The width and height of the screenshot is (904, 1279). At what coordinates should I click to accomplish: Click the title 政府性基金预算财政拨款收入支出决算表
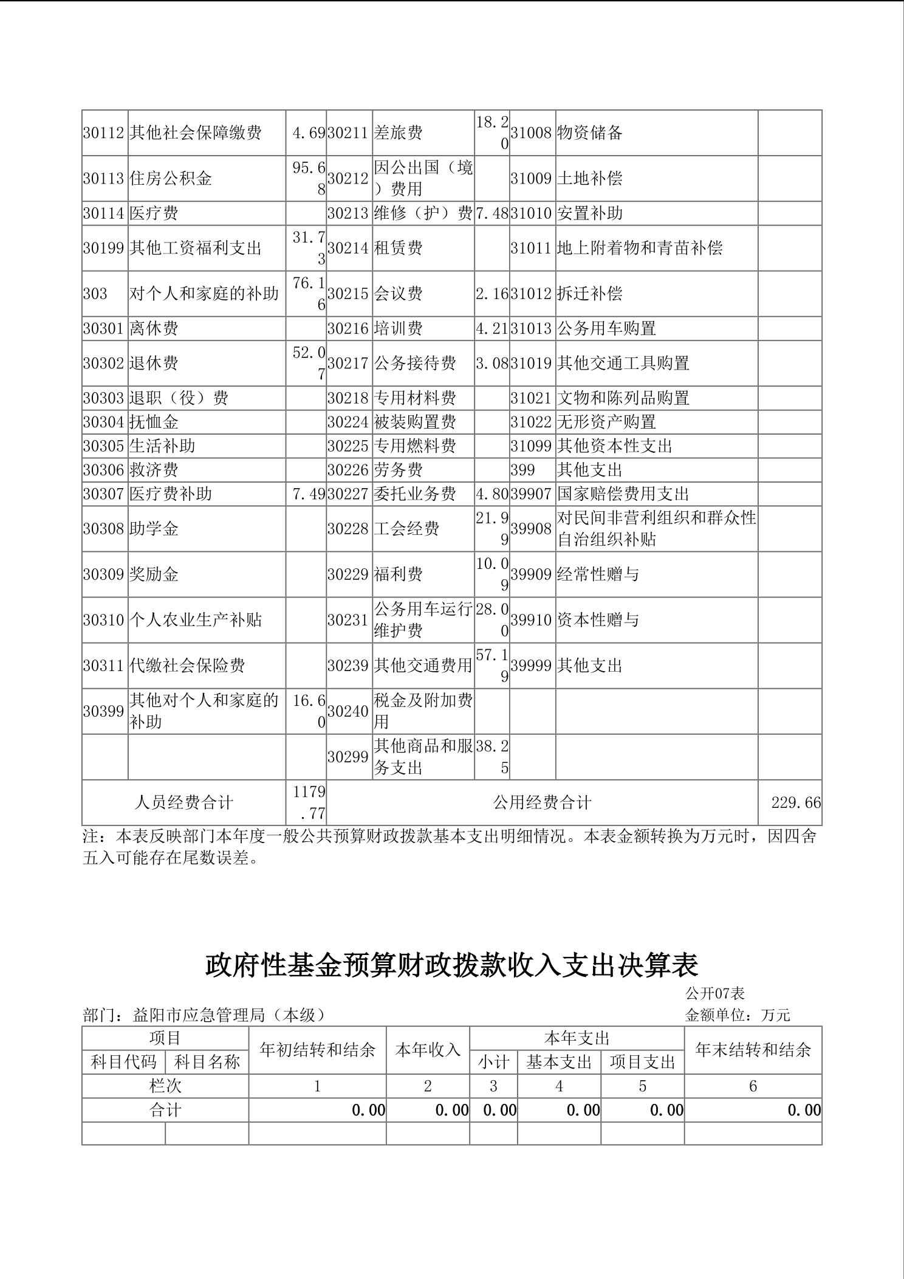tap(451, 965)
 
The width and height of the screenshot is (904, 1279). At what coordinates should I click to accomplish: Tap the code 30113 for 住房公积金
tap(104, 179)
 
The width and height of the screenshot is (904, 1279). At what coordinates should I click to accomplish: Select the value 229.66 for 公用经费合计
tap(796, 803)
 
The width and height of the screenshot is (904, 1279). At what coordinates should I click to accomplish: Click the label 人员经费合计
tap(183, 803)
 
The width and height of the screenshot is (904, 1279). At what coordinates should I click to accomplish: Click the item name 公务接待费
tap(415, 364)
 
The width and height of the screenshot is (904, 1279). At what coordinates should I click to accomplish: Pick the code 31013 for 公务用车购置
tap(531, 329)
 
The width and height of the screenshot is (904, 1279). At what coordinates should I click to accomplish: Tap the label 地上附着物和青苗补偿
tap(640, 248)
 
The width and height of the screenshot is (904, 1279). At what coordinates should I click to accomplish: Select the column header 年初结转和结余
tap(317, 1050)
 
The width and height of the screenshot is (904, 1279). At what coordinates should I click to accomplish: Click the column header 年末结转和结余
tap(753, 1050)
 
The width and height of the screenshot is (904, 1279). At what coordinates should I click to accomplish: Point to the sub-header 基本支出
tap(559, 1063)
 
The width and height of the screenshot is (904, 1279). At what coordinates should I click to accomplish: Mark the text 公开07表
tap(715, 994)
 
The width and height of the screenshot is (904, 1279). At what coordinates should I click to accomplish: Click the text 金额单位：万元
tap(738, 1015)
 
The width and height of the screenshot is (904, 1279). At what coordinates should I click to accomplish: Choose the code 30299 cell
tap(348, 757)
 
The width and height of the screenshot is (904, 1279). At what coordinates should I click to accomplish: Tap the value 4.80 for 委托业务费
tap(491, 494)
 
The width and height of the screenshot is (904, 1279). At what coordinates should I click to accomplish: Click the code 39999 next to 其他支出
tap(531, 666)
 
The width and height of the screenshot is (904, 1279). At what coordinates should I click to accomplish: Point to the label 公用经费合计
tap(542, 803)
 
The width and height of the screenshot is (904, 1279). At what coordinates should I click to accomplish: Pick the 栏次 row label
tap(165, 1086)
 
